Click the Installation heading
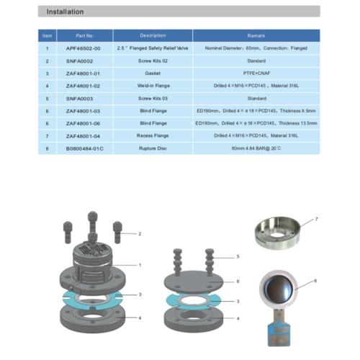(65, 12)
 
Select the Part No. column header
(85, 35)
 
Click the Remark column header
(256, 35)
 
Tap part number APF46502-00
(85, 48)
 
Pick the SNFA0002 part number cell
(85, 60)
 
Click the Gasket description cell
(153, 73)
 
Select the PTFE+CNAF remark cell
(256, 73)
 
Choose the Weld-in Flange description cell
(153, 86)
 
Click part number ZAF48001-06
(85, 123)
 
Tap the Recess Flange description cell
(153, 135)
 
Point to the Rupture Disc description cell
(153, 148)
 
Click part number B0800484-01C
(85, 148)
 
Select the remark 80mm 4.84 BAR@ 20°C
(256, 148)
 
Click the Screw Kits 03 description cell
(153, 98)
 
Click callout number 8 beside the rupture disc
(315, 282)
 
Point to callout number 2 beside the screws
(140, 234)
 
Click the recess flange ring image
(277, 233)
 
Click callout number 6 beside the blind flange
(237, 281)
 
